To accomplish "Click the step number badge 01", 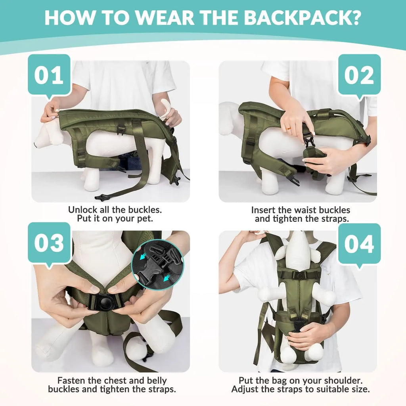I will (49, 75).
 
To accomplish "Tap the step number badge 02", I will (359, 75).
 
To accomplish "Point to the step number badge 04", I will (359, 244).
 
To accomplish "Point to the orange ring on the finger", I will (289, 128).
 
